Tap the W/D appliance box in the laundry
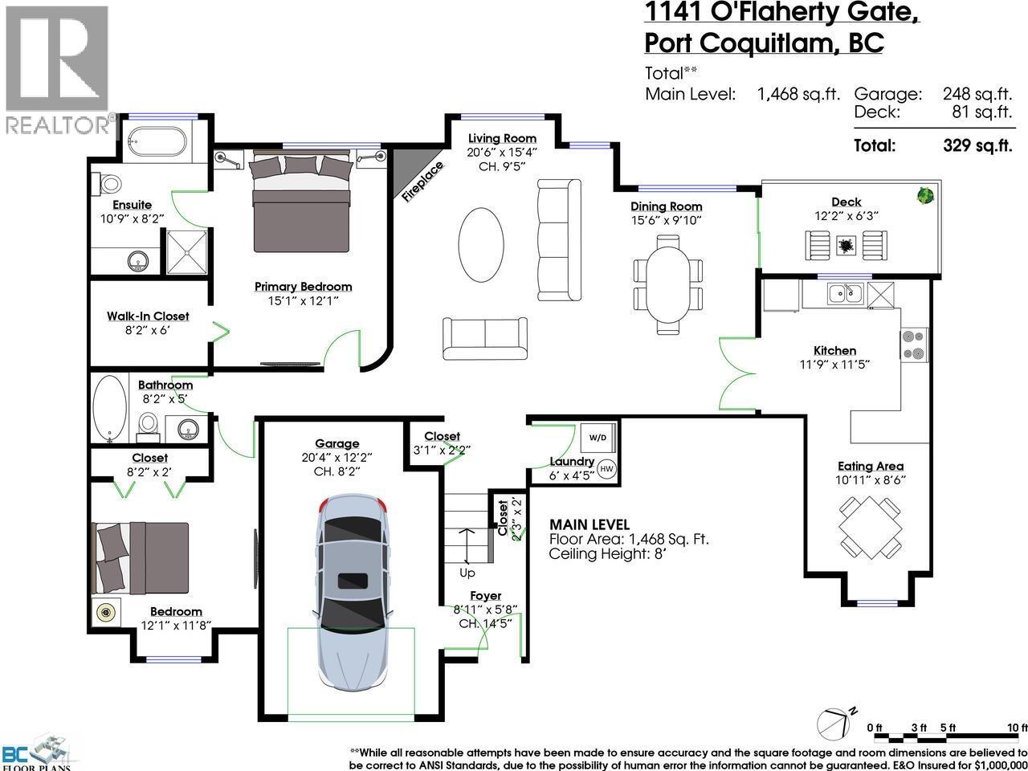(598, 439)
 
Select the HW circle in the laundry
(606, 469)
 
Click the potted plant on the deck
(924, 195)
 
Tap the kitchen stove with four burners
(914, 345)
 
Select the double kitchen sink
(846, 294)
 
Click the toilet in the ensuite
(108, 183)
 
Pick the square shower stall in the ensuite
(187, 251)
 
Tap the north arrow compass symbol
(835, 723)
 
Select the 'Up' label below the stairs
(467, 573)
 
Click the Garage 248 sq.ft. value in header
(977, 94)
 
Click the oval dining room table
(667, 284)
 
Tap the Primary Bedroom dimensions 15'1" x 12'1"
(303, 301)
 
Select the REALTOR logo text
(59, 125)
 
